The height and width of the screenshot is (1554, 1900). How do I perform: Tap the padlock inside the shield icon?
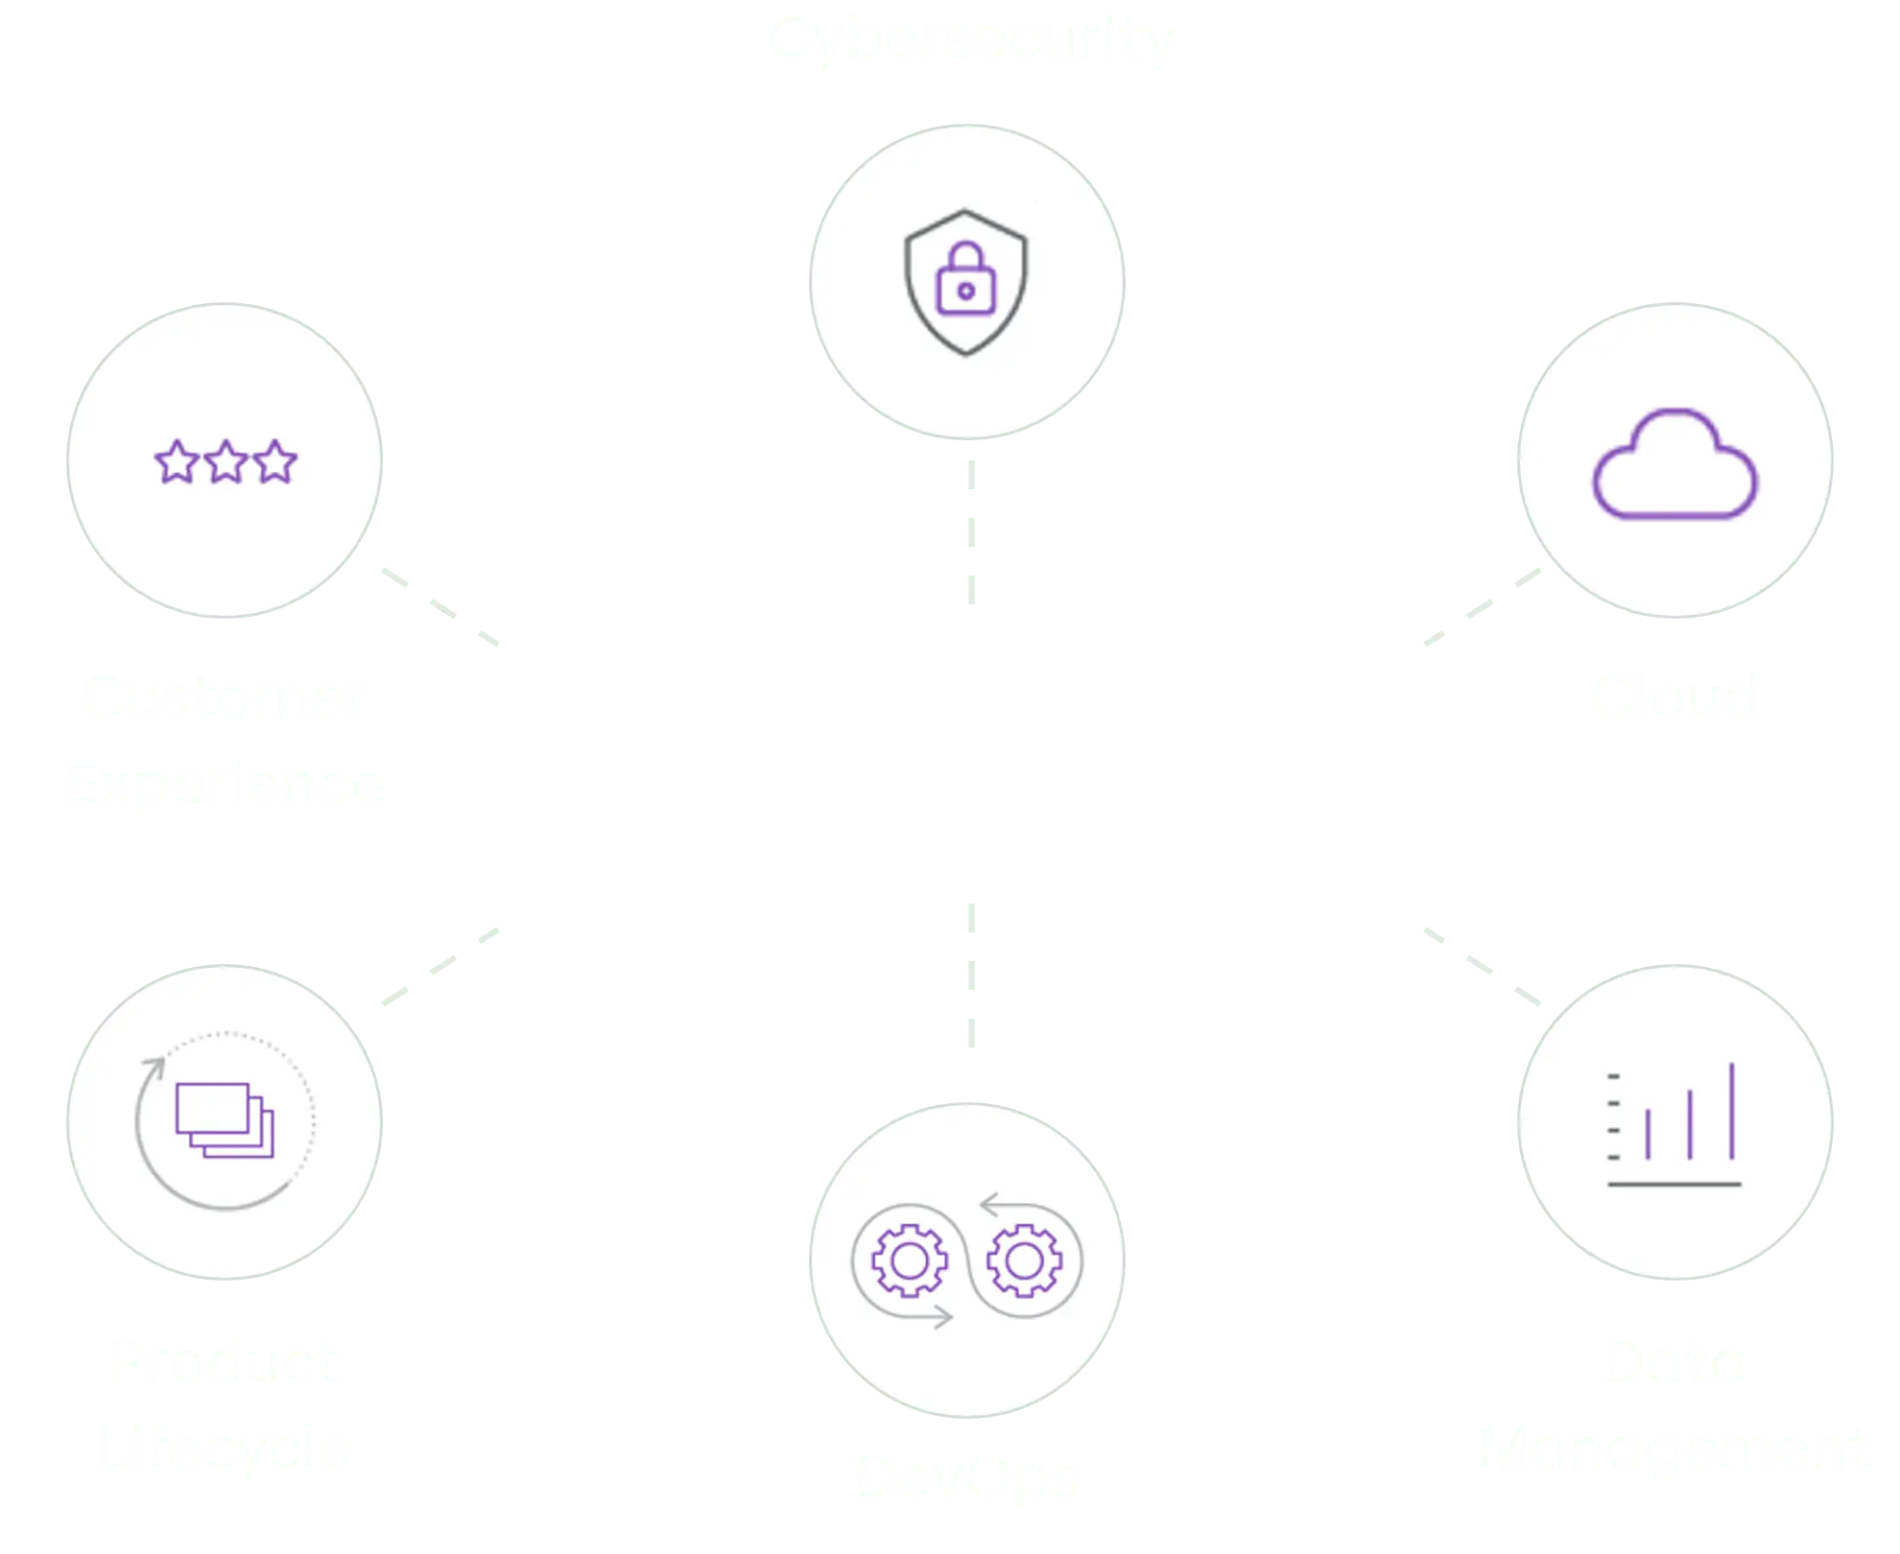point(965,280)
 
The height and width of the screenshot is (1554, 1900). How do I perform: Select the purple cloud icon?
point(1674,466)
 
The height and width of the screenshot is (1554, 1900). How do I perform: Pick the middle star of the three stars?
point(226,462)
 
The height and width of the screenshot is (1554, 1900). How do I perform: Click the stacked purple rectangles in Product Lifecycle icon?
point(224,1119)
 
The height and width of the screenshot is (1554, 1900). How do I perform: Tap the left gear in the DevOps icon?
point(909,1260)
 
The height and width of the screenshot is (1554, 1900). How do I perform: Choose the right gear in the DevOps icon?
point(1024,1260)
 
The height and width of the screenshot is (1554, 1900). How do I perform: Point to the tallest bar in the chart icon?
point(1732,1111)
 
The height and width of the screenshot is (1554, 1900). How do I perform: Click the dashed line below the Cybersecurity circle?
point(971,532)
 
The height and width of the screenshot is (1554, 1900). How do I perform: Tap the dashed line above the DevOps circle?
point(971,974)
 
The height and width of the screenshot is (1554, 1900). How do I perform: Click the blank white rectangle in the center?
point(946,744)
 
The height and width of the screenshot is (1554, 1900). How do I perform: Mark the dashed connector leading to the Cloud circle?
point(1480,608)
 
